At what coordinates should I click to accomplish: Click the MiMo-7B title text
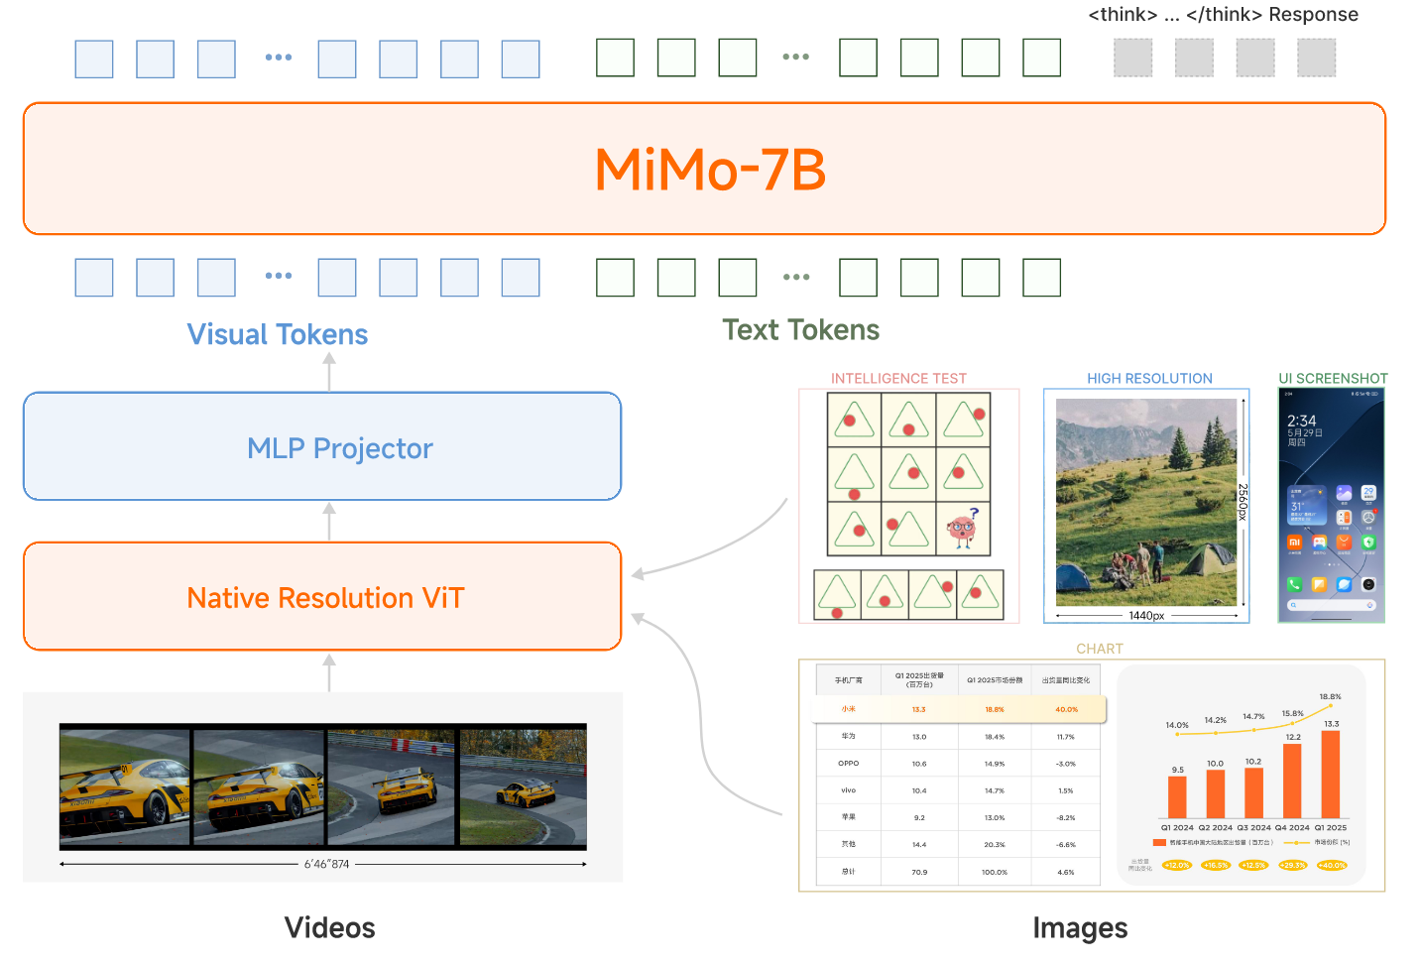click(709, 170)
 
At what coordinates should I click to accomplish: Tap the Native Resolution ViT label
click(325, 598)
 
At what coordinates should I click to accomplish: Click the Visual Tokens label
click(278, 334)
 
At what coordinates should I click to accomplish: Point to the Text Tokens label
click(800, 329)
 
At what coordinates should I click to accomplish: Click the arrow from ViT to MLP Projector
click(329, 521)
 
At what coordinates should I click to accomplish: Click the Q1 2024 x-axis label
click(1177, 827)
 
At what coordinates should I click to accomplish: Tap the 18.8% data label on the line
click(1330, 696)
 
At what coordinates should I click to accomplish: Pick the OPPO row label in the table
click(848, 764)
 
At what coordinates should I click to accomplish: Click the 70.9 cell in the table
click(919, 872)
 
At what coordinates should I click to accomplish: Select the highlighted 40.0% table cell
click(1066, 709)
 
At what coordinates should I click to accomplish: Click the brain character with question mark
click(962, 529)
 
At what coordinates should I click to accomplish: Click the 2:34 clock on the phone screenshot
click(1301, 421)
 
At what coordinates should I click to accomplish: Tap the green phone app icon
click(1294, 584)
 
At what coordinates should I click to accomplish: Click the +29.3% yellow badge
click(1293, 865)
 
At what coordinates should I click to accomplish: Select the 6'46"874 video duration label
click(326, 864)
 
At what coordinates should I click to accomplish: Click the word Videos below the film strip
click(329, 927)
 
